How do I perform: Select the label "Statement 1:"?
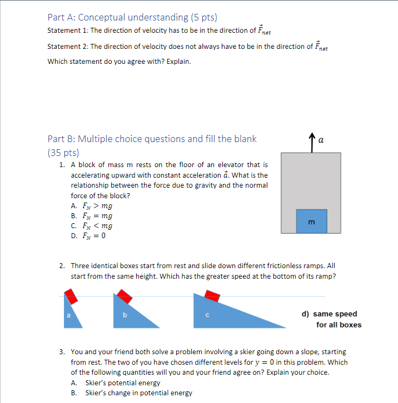click(68, 30)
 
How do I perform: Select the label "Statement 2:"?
click(68, 47)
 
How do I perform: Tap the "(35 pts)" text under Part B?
click(63, 152)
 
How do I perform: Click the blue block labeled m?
click(311, 221)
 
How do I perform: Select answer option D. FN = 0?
click(88, 235)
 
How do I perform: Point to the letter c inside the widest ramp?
click(206, 316)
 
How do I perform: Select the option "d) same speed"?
click(330, 314)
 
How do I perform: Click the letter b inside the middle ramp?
click(125, 316)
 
